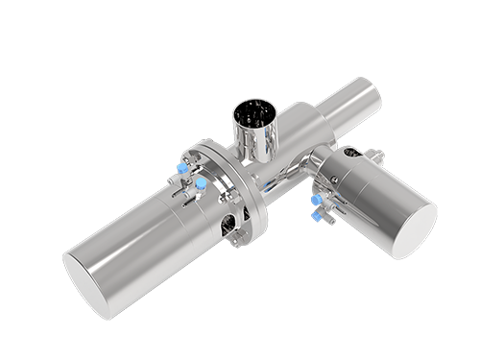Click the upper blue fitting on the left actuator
[x=182, y=168]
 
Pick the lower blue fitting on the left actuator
[x=203, y=182]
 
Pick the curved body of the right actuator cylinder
[x=370, y=202]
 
